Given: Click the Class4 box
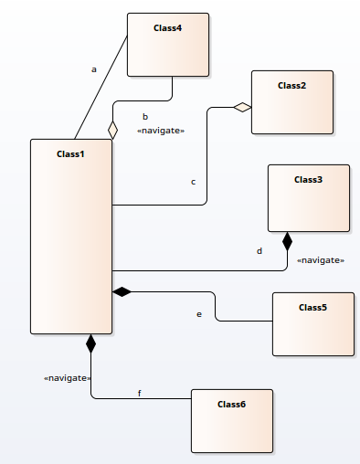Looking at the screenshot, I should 168,45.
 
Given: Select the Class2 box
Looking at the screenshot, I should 292,102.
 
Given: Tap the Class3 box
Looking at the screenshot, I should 308,198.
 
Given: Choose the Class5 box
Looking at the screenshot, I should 312,323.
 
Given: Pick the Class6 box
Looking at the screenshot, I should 231,420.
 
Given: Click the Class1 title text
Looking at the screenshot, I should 70,153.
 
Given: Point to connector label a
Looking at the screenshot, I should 93,69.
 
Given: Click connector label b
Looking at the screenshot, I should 145,116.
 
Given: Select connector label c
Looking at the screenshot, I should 193,182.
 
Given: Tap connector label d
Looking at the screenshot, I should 259,249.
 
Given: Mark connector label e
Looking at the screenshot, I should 199,314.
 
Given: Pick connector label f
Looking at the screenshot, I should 140,393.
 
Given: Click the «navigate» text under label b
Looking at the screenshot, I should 160,131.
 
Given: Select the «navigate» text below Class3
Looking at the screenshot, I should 320,260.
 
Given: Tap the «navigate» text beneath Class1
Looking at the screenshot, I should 67,377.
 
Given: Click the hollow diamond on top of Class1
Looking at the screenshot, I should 113,130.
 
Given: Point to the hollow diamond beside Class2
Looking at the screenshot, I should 242,108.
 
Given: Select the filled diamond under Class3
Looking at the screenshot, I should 288,241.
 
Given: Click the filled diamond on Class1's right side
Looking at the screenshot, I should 122,291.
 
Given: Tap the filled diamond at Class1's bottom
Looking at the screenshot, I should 90,343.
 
